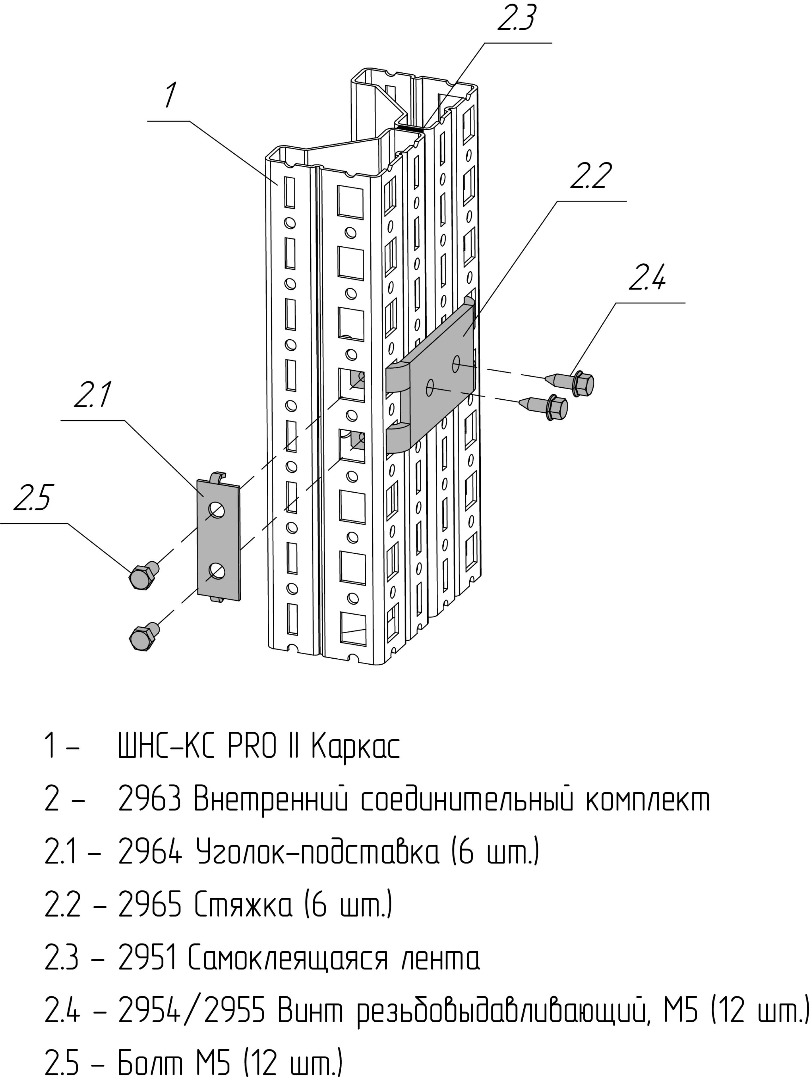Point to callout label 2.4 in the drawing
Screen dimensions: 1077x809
[647, 278]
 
